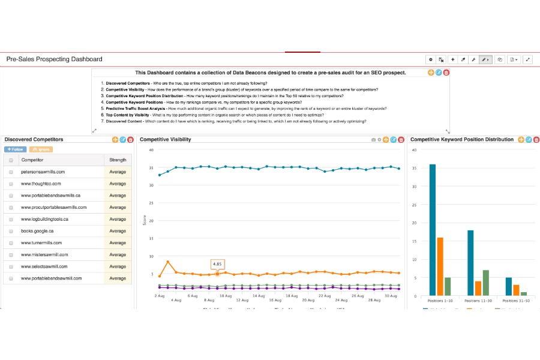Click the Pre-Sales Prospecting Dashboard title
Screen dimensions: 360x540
click(54, 59)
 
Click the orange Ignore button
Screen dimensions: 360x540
click(40, 149)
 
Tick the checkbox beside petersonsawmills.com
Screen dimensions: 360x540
click(11, 172)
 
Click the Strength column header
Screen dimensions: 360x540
click(118, 160)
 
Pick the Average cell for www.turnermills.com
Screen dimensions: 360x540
click(118, 243)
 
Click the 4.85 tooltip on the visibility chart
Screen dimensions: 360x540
click(217, 263)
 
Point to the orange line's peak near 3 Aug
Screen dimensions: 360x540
click(168, 262)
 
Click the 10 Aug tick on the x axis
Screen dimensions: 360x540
click(225, 296)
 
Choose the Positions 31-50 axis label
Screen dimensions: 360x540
click(516, 299)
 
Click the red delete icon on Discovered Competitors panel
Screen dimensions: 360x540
click(130, 140)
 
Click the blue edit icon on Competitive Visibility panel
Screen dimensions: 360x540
click(394, 140)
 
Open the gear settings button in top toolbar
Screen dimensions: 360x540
click(430, 59)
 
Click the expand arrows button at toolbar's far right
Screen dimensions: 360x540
click(528, 59)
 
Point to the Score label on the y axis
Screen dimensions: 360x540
click(144, 220)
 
